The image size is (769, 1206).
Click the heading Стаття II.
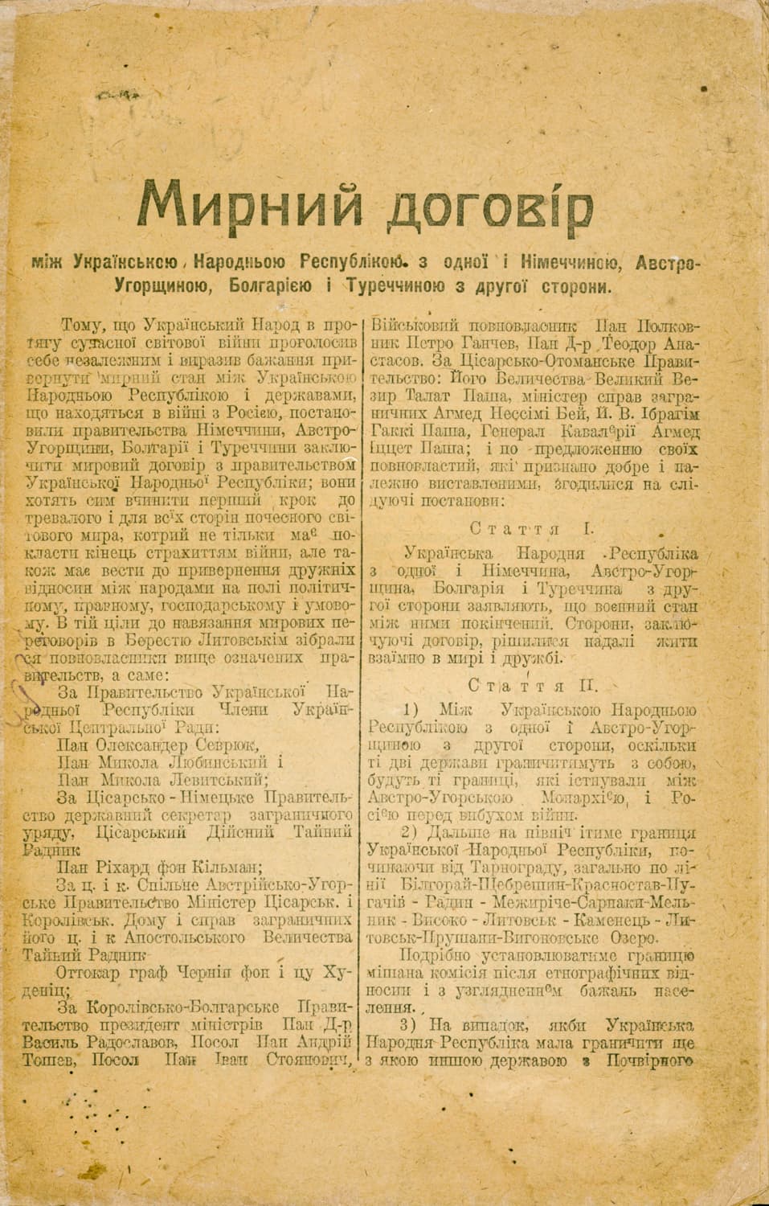(x=532, y=686)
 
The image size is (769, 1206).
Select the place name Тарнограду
(x=501, y=868)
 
